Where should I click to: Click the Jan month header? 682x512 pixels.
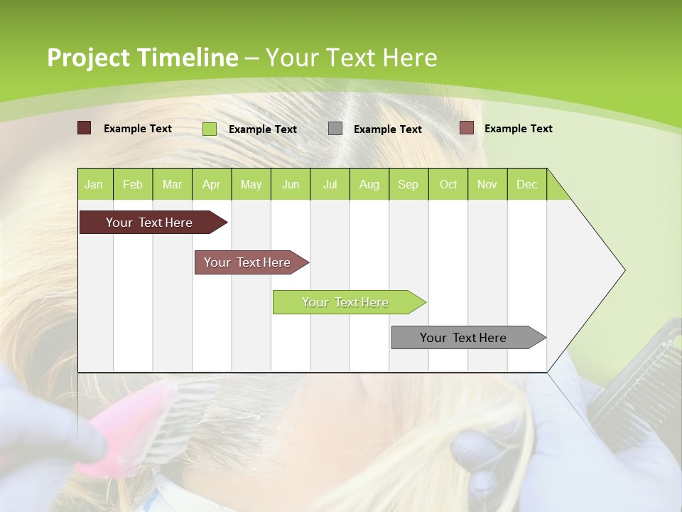coord(94,184)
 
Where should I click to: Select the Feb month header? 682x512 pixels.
coord(133,184)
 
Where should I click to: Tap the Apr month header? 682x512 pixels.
coord(212,184)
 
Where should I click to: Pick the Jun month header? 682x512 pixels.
coord(291,184)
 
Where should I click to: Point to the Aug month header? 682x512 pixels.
coord(369,184)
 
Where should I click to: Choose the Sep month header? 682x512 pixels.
coord(408,184)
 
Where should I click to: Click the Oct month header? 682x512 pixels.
coord(448,184)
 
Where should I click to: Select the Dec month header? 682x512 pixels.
coord(527,184)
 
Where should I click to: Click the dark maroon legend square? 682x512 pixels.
coord(84,128)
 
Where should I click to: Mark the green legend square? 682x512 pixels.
coord(210,129)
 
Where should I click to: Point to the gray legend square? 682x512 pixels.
coord(335,129)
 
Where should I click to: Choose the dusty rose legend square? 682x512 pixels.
coord(467,128)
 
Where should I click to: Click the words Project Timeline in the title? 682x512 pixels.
coord(142,58)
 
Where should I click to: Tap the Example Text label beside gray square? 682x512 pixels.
coord(388,129)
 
